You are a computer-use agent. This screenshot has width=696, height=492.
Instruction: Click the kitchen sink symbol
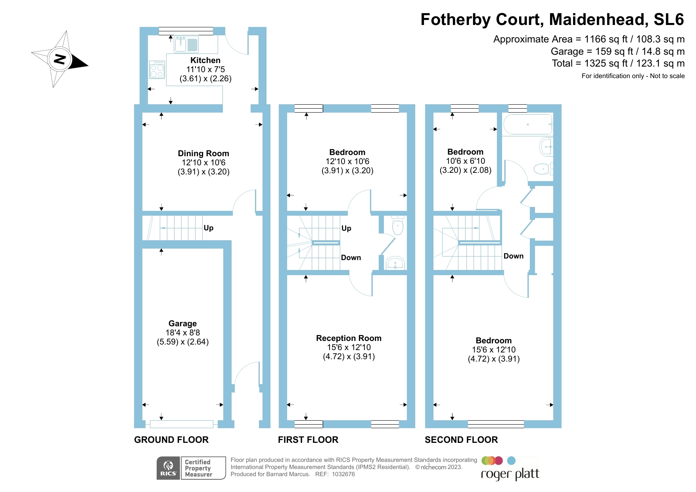coord(186,44)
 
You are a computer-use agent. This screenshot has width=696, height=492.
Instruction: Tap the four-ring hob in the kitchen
coord(157,70)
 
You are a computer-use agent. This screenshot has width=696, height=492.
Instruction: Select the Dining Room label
coord(203,153)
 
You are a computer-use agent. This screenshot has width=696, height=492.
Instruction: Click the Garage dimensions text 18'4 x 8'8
coord(183,333)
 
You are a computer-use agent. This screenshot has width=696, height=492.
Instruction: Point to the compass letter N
coord(60,59)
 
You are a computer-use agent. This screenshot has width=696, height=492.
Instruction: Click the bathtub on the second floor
coord(527,124)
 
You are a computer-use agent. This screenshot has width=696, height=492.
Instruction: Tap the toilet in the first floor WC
coord(397,226)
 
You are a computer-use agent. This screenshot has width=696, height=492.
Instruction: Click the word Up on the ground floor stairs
coord(209,228)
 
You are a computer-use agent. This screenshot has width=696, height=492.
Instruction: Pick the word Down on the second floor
coord(514,256)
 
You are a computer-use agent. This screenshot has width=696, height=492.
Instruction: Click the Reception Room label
coord(349,338)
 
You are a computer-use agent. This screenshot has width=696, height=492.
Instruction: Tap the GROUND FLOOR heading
coord(171,440)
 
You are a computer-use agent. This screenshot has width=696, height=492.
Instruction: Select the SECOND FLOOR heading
coord(461,440)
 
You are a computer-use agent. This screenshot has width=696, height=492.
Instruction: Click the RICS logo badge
coord(169,468)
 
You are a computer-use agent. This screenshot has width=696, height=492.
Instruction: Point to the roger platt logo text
coord(510,474)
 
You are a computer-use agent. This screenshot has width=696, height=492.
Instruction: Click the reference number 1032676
coord(343,474)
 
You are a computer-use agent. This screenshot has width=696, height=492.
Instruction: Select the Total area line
coord(618,63)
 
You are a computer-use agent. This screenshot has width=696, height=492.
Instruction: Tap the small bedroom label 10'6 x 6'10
coord(465,161)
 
